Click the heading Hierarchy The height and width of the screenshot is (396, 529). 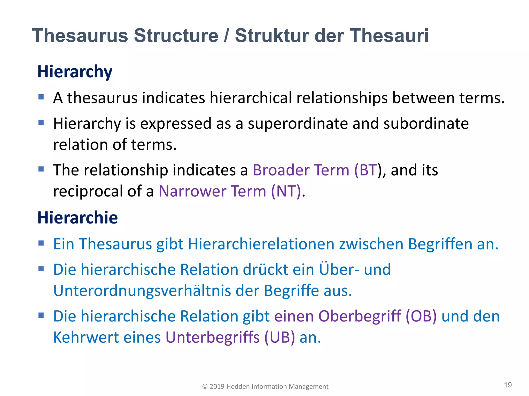point(75,72)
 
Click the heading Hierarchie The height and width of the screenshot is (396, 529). point(77,218)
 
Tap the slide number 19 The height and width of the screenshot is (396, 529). point(508,385)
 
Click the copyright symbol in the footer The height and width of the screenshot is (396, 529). point(205,386)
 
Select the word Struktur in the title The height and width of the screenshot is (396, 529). point(271,36)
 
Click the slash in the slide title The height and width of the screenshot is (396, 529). point(226,36)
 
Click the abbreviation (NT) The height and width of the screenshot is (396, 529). point(286,191)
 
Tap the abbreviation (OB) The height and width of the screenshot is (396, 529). point(421,316)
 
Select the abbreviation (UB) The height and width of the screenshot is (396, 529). point(279,337)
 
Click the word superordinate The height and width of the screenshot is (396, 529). point(298,123)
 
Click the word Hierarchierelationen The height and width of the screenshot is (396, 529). point(261,244)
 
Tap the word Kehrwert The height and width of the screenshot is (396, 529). point(86,337)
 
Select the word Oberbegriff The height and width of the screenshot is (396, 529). point(359,316)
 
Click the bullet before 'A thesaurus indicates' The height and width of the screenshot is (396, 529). point(41,97)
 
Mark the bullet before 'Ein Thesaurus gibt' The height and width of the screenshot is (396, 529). point(41,243)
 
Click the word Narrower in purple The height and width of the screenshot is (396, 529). point(192,191)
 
